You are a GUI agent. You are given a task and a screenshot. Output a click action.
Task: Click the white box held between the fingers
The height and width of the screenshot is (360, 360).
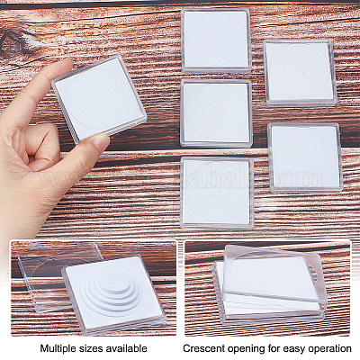point(99,99)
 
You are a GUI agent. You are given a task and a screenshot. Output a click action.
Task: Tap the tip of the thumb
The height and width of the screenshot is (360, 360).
point(103,139)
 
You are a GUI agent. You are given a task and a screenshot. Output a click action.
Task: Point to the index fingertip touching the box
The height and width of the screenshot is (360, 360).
point(67,63)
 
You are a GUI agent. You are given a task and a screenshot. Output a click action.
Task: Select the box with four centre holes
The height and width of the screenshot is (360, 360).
point(300,73)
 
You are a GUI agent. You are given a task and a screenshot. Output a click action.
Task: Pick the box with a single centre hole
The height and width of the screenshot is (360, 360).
point(216,40)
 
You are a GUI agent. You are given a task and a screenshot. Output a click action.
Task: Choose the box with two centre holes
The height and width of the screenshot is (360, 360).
point(216,113)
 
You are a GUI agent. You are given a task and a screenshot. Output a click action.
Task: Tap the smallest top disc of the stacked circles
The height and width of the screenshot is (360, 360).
point(115,283)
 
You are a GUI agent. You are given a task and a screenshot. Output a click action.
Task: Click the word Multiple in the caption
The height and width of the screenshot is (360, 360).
point(58,348)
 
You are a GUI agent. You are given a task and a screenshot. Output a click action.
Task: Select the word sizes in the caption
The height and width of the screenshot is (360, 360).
point(90,349)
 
